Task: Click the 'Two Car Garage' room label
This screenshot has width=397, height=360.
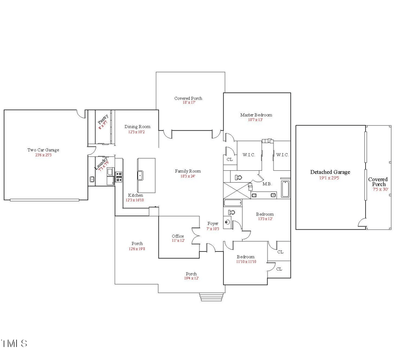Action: click(x=43, y=149)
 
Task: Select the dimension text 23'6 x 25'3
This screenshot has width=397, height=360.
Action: click(x=43, y=155)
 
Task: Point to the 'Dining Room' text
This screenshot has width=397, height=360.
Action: click(x=137, y=127)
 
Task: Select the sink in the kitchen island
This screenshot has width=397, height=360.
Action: click(x=141, y=174)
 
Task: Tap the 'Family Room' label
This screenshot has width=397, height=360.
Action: click(x=188, y=171)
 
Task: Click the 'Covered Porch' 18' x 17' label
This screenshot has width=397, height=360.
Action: click(x=188, y=98)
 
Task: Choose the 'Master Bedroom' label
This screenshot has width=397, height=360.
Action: click(x=256, y=115)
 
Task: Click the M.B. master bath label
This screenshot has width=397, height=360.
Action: click(x=267, y=184)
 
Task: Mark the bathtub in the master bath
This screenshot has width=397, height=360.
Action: click(x=285, y=190)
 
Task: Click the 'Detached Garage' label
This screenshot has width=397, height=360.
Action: click(x=330, y=172)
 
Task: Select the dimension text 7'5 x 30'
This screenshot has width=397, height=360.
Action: click(x=378, y=190)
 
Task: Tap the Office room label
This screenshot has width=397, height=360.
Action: click(x=178, y=236)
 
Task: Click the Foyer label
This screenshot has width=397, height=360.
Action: click(x=212, y=223)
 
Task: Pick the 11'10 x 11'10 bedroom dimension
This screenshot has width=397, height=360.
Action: click(x=246, y=261)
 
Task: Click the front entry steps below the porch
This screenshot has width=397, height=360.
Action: click(x=212, y=297)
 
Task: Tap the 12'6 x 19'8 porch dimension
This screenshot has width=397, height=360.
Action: click(x=137, y=249)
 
